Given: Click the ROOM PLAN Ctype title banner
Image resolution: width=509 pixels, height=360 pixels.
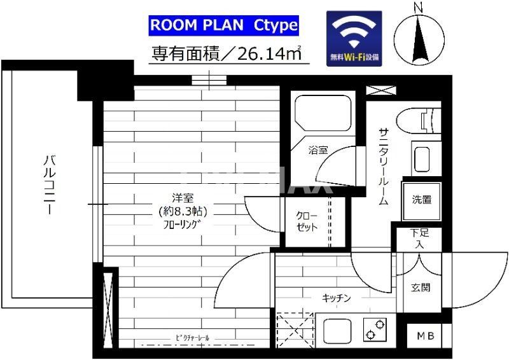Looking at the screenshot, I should pos(223,25).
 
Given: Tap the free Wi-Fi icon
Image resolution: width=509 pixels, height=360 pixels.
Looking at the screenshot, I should pos(354,38).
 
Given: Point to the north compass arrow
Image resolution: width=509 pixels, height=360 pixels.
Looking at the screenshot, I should pos(418,38).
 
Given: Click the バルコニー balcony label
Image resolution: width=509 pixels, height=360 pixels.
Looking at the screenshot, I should pos(48,184).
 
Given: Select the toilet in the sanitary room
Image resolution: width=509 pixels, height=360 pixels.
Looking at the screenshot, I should pos(419,119).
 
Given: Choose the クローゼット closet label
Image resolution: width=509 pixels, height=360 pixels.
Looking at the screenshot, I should pos(307,221).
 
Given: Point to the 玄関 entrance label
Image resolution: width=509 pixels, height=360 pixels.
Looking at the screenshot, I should pos(421,287).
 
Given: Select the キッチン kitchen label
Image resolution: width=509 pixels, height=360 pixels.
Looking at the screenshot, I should pos(336,298).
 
